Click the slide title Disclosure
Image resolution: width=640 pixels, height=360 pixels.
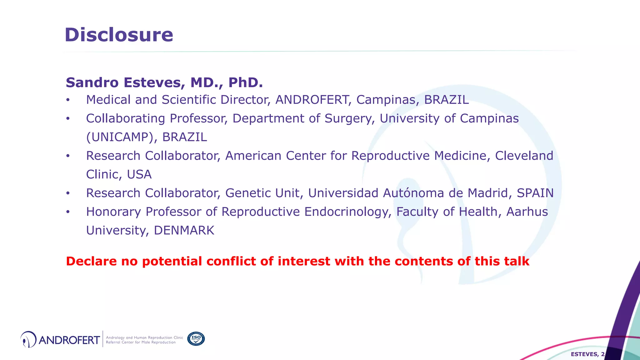click(119, 35)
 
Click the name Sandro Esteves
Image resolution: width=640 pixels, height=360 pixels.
click(123, 82)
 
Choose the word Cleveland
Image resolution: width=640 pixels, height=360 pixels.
click(524, 156)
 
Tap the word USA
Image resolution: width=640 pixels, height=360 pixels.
click(139, 174)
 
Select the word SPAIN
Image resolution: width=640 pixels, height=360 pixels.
click(535, 193)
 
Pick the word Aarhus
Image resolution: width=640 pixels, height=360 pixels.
click(527, 212)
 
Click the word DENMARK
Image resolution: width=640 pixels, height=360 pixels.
click(184, 231)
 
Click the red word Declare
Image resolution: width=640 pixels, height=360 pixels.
click(91, 261)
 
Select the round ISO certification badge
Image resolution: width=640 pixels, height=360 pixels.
click(196, 339)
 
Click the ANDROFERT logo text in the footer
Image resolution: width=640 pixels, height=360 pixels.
click(69, 340)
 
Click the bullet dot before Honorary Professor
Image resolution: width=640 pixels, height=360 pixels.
click(68, 212)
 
